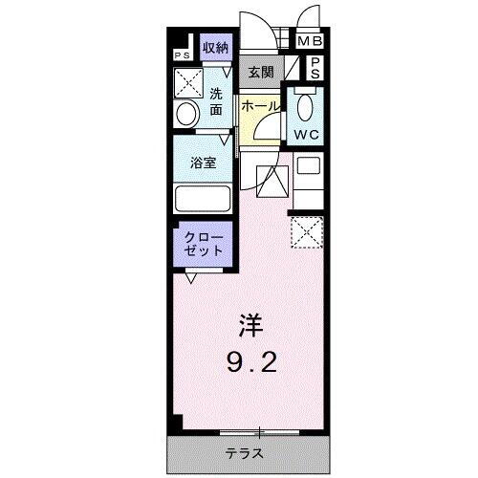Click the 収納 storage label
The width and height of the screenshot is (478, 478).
click(x=215, y=47)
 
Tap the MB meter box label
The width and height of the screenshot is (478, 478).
click(x=310, y=42)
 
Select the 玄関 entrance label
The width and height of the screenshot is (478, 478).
click(x=260, y=71)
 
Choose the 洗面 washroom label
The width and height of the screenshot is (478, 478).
click(x=217, y=100)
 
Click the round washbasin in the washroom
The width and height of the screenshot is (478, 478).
click(x=186, y=114)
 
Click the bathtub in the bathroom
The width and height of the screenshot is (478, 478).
click(x=202, y=200)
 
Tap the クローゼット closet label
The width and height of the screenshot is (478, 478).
click(x=204, y=242)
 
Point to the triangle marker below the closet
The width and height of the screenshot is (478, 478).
click(x=192, y=278)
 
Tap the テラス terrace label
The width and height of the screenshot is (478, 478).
click(x=246, y=452)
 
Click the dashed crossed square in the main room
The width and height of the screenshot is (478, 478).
click(x=307, y=231)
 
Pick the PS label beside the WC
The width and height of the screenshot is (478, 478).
click(x=315, y=69)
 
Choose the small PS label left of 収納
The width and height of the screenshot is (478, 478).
click(x=182, y=55)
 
